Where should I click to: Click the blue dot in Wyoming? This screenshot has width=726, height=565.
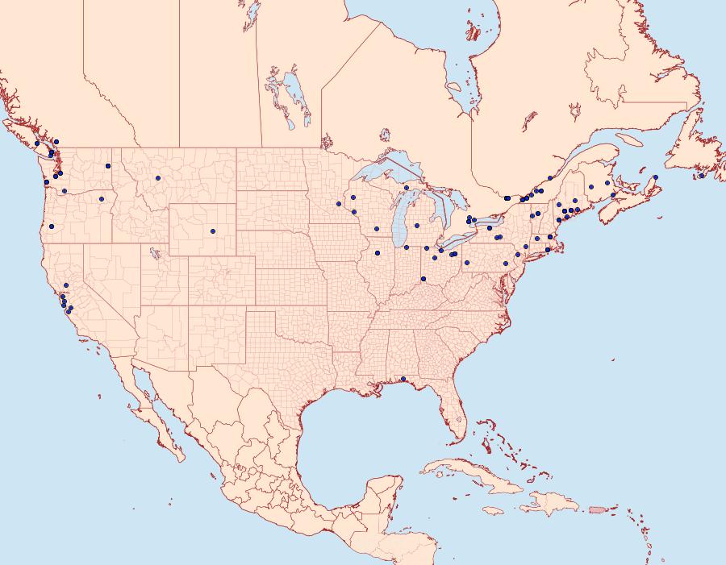213,231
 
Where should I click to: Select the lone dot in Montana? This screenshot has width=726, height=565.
158,178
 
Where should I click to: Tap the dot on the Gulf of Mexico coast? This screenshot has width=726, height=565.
403,379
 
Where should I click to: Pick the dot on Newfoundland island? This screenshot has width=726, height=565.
702,176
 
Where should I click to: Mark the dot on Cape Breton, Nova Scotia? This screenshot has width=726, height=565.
656,177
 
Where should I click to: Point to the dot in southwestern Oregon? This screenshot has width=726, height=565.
52,226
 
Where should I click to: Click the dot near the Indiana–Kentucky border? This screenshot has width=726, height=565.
423,279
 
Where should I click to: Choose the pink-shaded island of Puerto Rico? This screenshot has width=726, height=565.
598,509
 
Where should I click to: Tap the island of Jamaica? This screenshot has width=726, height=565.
494,510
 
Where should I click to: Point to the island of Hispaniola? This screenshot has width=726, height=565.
549,504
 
